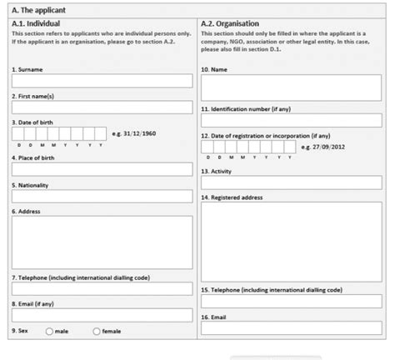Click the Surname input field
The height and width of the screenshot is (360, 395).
pos(102,82)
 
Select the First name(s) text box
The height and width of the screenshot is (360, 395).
pos(102,108)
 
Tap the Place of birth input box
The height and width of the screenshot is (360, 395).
pos(102,169)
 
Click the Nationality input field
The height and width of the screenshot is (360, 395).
pos(102,197)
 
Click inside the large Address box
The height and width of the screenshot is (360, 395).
pos(102,242)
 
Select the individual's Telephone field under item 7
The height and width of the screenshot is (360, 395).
pos(102,289)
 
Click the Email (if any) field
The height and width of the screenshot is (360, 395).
pos(102,316)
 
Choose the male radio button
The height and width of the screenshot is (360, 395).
pos(49,332)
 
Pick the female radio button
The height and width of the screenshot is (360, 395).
pos(97,332)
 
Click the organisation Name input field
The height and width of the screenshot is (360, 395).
pos(291,82)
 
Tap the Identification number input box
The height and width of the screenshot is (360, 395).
pos(291,121)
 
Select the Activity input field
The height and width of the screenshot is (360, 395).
pos(291,183)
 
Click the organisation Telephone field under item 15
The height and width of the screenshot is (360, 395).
pos(291,302)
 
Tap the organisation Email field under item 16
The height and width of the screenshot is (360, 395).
pos(291,329)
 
